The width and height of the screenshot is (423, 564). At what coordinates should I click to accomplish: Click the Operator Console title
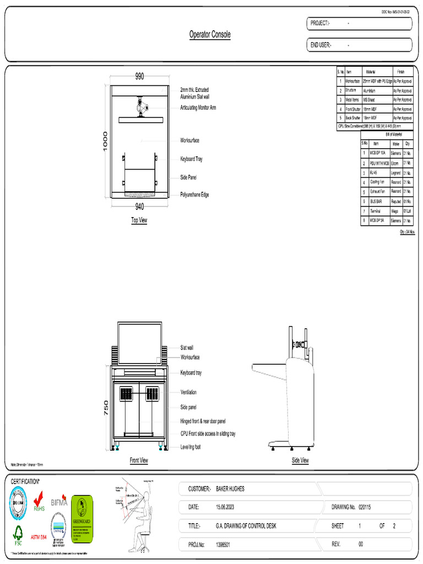click(210, 35)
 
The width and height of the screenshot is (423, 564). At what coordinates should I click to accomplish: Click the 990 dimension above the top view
click(139, 77)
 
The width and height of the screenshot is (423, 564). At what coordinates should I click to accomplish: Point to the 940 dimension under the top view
click(139, 207)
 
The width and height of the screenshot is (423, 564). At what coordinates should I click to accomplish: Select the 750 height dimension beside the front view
click(107, 408)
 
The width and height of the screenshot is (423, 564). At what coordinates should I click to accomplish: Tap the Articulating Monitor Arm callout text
click(198, 108)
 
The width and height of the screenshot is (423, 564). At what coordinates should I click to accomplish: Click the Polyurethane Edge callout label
click(194, 195)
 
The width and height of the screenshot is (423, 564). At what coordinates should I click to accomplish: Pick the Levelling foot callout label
click(191, 447)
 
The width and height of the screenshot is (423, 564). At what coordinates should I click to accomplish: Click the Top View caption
click(139, 220)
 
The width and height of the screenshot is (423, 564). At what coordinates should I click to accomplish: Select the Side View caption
click(300, 460)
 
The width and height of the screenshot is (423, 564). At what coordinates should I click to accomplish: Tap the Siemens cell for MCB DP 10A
click(395, 153)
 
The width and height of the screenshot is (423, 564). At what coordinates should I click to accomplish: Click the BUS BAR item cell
click(376, 202)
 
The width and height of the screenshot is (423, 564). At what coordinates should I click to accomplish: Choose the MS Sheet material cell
click(369, 100)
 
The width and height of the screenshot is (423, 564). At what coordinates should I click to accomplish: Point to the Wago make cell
click(395, 211)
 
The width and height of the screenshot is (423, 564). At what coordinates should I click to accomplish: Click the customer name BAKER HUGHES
click(230, 489)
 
